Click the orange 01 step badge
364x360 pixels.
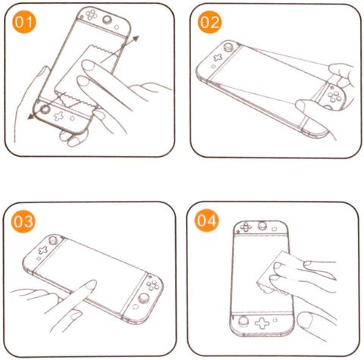click(24, 22)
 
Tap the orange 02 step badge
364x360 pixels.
click(209, 22)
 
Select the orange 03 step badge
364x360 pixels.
click(24, 221)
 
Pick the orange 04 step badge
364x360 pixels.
click(206, 221)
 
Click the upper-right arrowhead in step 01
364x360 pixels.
click(136, 39)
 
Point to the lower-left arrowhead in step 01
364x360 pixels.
click(31, 116)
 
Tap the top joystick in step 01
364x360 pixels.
click(107, 20)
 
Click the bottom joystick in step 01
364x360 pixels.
click(45, 109)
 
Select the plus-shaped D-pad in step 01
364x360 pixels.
click(59, 117)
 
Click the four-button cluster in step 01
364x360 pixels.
click(91, 14)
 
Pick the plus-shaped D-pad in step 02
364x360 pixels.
click(218, 58)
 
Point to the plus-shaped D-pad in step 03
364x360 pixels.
click(43, 250)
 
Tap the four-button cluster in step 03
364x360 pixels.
click(152, 284)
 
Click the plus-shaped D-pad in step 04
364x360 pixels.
click(262, 323)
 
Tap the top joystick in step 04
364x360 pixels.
click(262, 226)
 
